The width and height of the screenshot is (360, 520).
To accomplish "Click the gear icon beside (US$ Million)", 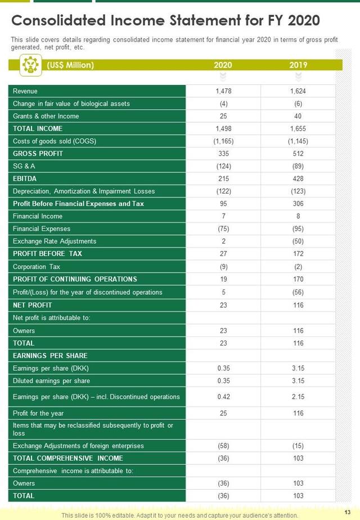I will click(x=29, y=65).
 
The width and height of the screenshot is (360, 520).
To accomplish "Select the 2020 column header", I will click(x=223, y=65).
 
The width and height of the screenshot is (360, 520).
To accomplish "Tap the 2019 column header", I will click(x=298, y=65).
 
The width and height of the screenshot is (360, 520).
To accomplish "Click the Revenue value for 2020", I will click(x=223, y=91).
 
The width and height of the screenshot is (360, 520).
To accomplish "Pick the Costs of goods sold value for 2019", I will click(x=298, y=141).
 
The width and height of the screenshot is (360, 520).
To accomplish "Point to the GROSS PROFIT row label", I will click(x=38, y=154).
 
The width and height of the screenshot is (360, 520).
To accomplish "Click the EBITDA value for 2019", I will click(x=298, y=178).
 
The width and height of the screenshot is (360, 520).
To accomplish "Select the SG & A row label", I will click(x=24, y=166).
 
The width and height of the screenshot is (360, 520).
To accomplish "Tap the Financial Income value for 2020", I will click(x=223, y=216).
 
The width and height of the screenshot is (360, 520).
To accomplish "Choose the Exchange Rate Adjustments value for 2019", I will click(x=298, y=241).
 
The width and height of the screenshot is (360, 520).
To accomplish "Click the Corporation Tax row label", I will click(x=37, y=267).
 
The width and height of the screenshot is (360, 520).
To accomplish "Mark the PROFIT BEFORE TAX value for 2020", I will click(x=223, y=254).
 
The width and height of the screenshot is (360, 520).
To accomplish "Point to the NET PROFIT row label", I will click(x=33, y=305).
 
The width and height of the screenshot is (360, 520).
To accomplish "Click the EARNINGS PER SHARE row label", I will click(x=50, y=356).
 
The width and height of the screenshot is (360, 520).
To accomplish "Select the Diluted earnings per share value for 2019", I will click(x=298, y=381).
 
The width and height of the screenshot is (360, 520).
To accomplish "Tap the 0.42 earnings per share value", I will click(x=223, y=397).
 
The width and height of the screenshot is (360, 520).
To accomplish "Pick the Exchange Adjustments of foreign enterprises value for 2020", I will click(x=223, y=446).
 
